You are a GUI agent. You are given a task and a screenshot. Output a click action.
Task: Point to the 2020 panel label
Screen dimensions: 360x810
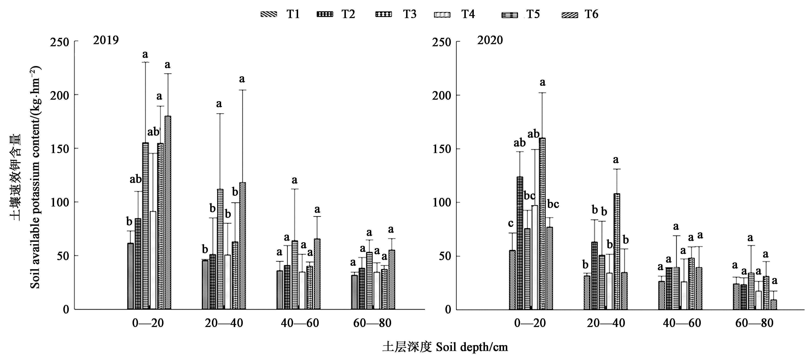(490, 40)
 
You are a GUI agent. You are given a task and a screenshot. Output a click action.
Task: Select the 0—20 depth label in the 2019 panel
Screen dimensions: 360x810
(148, 323)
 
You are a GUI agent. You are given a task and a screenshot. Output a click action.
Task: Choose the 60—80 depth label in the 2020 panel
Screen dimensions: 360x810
(754, 323)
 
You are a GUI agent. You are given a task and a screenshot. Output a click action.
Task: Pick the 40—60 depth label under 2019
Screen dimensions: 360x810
(300, 323)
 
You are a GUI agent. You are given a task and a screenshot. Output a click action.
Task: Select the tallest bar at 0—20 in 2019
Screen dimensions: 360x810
(168, 212)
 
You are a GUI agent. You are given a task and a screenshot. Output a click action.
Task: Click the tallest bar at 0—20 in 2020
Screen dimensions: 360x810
(542, 223)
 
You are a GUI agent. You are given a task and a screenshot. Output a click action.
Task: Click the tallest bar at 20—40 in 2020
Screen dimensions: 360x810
(617, 251)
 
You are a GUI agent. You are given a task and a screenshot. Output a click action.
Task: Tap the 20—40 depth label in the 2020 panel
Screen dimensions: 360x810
(606, 323)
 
